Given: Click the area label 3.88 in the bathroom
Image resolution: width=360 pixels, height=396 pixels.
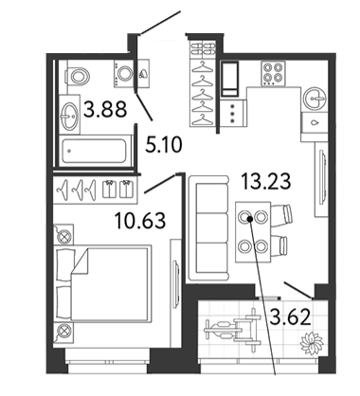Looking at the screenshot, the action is click(105, 109).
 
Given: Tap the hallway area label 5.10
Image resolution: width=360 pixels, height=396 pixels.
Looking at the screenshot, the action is click(164, 145).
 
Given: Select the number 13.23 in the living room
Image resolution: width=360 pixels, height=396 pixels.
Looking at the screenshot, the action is click(265, 182).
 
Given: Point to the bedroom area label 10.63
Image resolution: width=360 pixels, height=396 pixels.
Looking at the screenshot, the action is click(140, 220).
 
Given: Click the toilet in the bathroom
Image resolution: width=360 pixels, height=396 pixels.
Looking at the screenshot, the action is click(78, 76).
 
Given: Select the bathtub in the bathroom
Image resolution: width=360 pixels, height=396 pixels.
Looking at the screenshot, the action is click(97, 150).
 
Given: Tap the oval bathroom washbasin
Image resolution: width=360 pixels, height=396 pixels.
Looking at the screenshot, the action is click(69, 115).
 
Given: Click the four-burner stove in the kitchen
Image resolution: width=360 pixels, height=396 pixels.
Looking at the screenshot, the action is click(273, 73).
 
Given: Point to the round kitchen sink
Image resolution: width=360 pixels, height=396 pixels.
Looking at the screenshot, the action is click(314, 99).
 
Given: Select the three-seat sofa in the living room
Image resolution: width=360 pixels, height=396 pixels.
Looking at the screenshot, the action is click(208, 228).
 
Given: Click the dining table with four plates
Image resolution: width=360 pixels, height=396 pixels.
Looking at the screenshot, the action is click(253, 232).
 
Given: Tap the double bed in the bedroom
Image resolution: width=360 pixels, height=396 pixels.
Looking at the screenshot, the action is click(102, 283).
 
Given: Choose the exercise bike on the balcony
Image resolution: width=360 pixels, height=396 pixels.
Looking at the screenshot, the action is click(233, 330).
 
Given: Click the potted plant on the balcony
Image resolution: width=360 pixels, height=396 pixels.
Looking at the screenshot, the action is click(312, 343).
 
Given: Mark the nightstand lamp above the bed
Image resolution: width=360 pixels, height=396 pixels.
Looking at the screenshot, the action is click(63, 235).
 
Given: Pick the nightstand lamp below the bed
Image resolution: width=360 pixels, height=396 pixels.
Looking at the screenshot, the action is click(63, 333).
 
